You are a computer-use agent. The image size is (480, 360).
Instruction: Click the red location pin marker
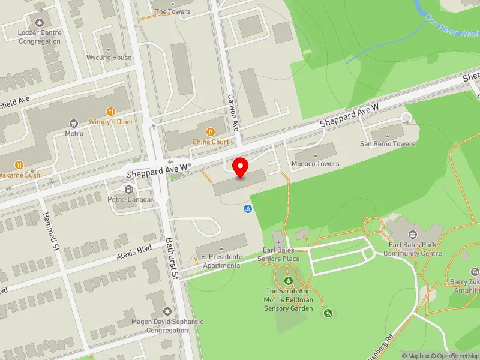[x=241, y=167]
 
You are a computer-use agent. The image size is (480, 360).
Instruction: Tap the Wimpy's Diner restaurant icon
[x=110, y=112]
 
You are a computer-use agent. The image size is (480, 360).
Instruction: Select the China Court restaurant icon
[x=211, y=132]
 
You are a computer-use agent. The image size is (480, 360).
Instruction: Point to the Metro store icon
[x=74, y=123]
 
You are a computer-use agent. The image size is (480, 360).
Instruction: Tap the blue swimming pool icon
[x=247, y=209]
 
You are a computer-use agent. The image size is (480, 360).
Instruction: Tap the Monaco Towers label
[x=315, y=163]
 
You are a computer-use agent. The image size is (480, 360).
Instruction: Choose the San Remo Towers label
[x=387, y=143]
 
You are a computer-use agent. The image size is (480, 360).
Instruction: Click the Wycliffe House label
[x=109, y=58]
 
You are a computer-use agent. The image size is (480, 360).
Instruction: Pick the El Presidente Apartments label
[x=222, y=260]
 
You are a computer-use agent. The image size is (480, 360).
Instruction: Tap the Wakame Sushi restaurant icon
[x=19, y=164]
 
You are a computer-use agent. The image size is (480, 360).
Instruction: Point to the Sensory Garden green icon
[x=289, y=280]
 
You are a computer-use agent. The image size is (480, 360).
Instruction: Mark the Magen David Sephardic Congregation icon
[x=167, y=311]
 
